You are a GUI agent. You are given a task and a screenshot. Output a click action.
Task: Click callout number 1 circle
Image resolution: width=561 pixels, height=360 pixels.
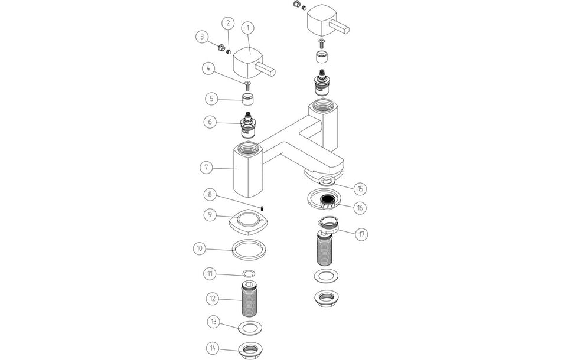[x=247, y=28]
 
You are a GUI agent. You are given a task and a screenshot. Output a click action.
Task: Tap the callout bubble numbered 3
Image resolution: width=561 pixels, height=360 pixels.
[x=203, y=37]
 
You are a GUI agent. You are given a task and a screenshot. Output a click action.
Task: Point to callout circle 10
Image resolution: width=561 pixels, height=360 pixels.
[x=200, y=248]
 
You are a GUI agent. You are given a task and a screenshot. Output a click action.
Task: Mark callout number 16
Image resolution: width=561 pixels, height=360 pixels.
[x=360, y=208]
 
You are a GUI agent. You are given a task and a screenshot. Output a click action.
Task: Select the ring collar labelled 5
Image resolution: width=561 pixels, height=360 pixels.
[x=249, y=98]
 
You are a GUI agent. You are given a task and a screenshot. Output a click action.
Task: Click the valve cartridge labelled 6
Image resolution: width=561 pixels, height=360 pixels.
[x=249, y=125]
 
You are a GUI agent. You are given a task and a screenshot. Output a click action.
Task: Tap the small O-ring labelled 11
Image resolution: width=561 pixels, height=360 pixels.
[x=249, y=274]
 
